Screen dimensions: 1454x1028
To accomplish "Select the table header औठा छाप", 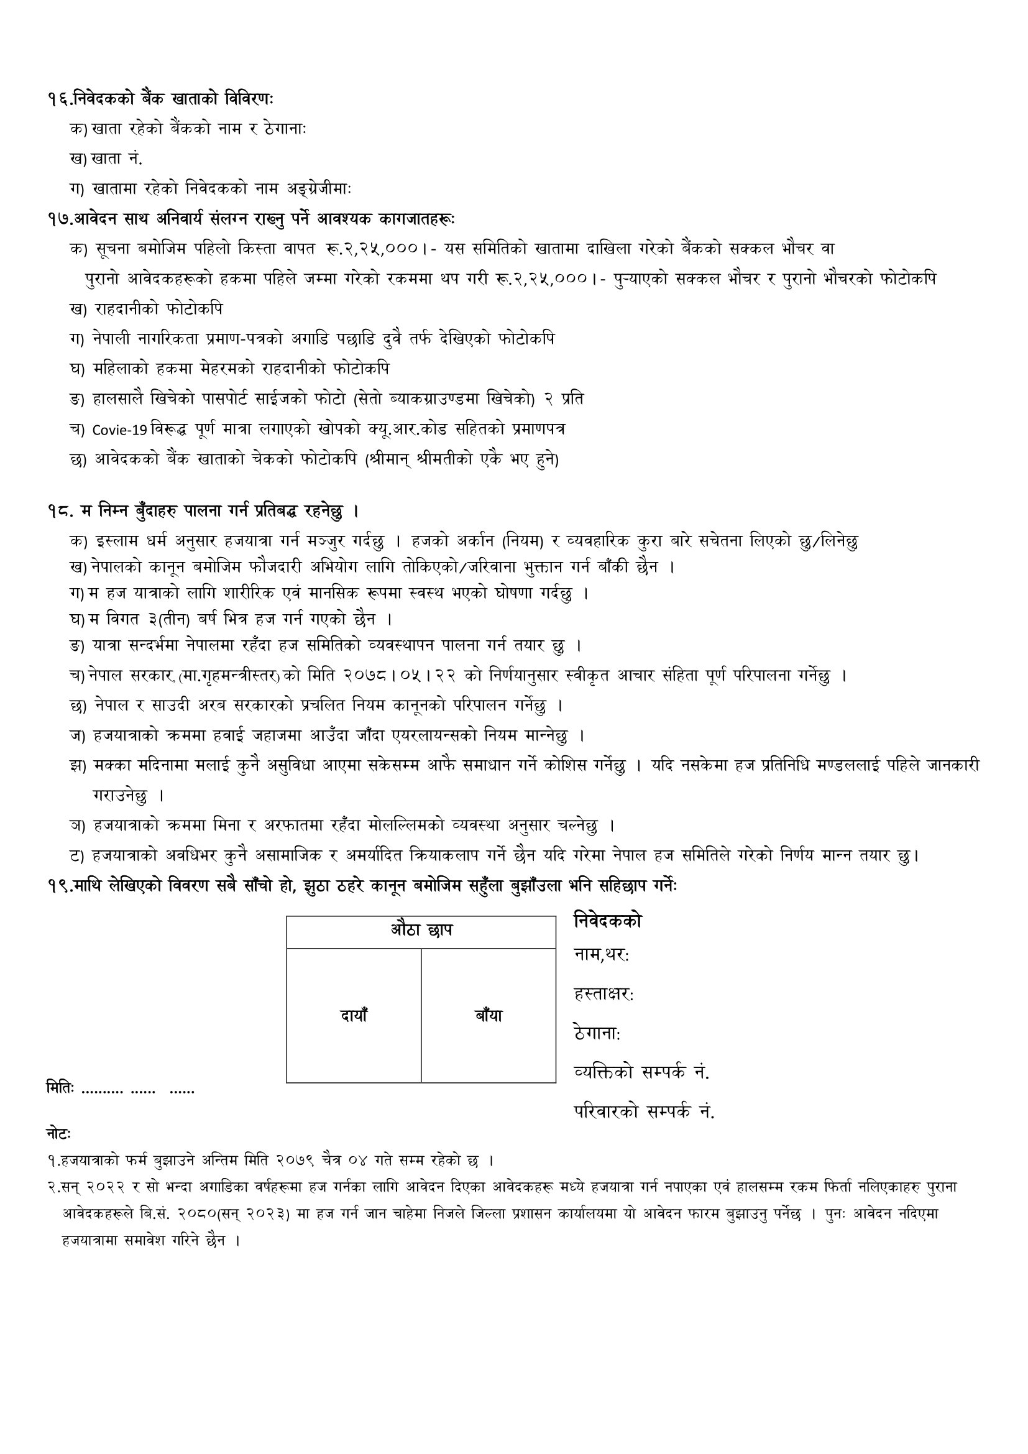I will point(421,932).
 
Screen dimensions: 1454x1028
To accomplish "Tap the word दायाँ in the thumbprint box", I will point(354,1015).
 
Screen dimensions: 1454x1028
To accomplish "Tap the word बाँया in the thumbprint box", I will point(488,1015).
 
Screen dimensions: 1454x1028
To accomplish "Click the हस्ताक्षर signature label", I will point(603,995).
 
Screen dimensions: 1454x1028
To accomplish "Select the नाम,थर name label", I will point(601,954).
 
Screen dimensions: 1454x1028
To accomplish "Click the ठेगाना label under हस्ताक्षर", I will point(596,1034).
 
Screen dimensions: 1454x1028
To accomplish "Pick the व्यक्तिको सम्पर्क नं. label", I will point(641,1073).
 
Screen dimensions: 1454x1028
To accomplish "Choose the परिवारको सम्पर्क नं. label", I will point(644,1112).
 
